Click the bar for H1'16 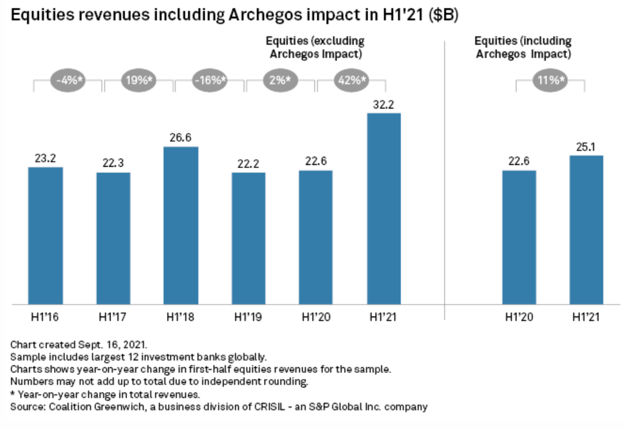[x=45, y=236]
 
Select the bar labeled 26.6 [x=181, y=226]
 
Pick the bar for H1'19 [x=249, y=239]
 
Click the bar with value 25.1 [x=586, y=230]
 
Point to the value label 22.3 [x=113, y=163]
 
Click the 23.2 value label [x=45, y=158]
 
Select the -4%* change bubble [x=68, y=81]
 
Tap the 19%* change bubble [x=138, y=81]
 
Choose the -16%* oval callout [x=209, y=81]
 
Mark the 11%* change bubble [x=550, y=81]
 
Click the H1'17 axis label [x=113, y=317]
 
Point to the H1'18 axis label [x=181, y=317]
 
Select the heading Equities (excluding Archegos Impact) [x=316, y=47]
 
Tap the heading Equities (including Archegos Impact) [x=523, y=47]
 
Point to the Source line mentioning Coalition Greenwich [x=219, y=407]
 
